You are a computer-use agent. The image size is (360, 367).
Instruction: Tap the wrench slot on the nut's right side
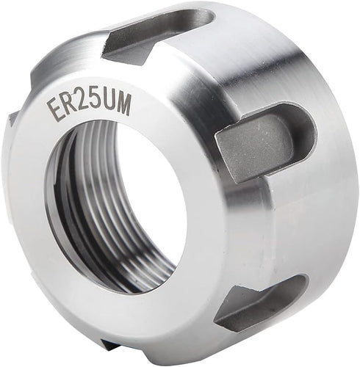click(261, 139)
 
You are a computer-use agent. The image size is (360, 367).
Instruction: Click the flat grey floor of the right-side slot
click(246, 147)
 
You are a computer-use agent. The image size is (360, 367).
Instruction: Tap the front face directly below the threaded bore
click(147, 308)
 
